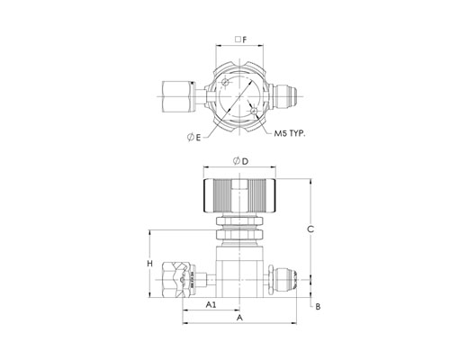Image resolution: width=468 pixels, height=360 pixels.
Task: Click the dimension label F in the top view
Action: click(244, 40)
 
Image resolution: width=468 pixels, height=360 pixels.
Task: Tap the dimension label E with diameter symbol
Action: click(193, 138)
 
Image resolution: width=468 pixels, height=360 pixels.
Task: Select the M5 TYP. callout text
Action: click(290, 133)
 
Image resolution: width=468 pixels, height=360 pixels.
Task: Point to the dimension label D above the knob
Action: click(241, 161)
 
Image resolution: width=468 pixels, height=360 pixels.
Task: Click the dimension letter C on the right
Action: click(310, 229)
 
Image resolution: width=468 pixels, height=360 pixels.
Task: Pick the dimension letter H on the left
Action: click(149, 264)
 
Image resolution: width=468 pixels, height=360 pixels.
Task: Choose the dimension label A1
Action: click(211, 305)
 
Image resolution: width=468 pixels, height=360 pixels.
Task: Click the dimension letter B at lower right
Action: click(318, 307)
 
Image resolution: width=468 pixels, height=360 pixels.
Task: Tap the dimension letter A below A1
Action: click(239, 318)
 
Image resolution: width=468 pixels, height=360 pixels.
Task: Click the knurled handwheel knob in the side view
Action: click(239, 195)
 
